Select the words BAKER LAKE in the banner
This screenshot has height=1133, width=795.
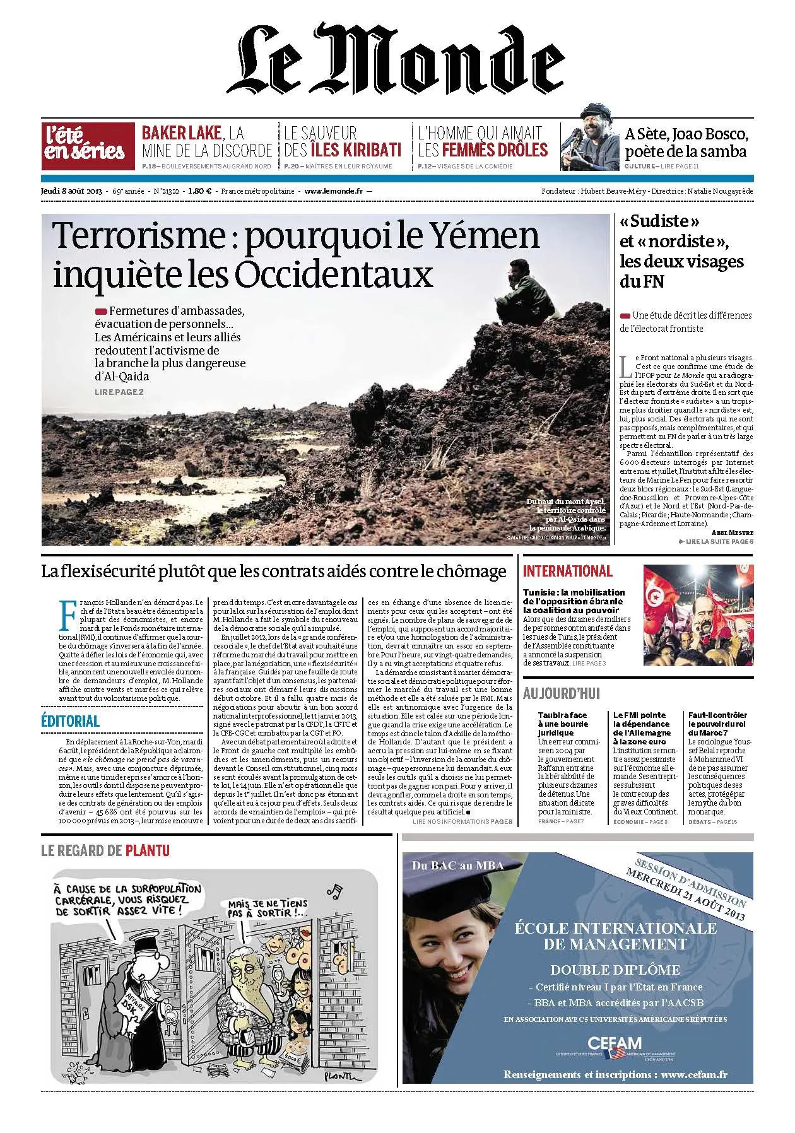(182, 133)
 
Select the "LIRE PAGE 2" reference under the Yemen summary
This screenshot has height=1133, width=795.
(119, 392)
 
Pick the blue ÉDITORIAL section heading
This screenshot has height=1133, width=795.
(71, 721)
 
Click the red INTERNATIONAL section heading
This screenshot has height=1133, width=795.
(567, 572)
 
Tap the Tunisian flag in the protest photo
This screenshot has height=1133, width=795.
(657, 595)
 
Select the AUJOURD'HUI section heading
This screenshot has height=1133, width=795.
(562, 693)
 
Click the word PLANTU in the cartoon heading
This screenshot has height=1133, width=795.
(148, 850)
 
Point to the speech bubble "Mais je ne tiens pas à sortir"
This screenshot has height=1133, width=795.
(268, 908)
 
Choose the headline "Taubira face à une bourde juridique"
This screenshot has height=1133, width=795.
(563, 724)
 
